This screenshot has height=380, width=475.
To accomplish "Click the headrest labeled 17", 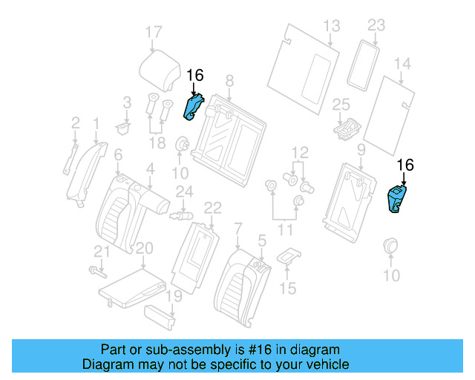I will tap(160, 70).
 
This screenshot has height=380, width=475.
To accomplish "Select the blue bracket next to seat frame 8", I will tap(194, 106).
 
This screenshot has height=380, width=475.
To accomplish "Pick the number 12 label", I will tap(299, 152).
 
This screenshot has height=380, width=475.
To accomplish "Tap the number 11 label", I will tap(284, 230).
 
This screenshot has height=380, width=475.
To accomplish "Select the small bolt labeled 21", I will tap(94, 269).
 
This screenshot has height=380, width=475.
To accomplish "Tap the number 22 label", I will tap(212, 206).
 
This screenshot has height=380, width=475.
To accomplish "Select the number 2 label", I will tap(76, 122).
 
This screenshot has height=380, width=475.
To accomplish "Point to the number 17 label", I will tap(152, 32).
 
